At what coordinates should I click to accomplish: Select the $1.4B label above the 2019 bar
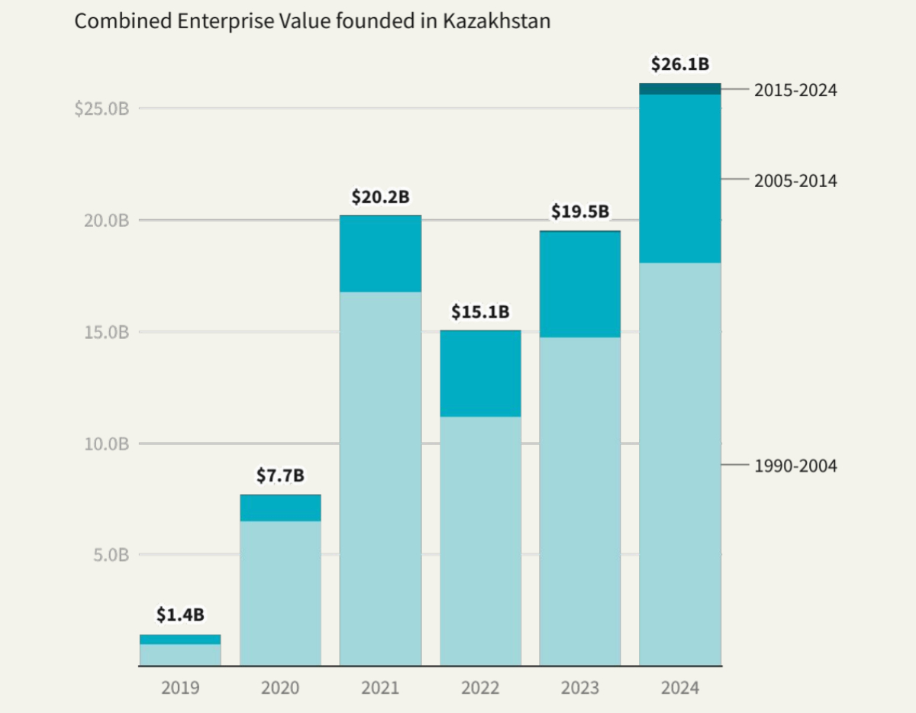(x=180, y=615)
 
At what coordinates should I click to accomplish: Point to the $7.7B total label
(x=280, y=476)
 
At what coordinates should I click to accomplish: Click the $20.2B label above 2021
(x=380, y=197)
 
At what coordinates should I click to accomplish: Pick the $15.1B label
(x=480, y=311)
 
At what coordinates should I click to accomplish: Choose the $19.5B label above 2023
(x=580, y=211)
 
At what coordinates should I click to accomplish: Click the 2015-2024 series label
(x=795, y=90)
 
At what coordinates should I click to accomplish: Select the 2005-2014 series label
(x=795, y=181)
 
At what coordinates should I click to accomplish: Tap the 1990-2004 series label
(x=795, y=466)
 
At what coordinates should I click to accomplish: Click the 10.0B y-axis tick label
(x=107, y=444)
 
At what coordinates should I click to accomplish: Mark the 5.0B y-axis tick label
(x=111, y=555)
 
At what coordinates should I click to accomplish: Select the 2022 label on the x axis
(x=480, y=688)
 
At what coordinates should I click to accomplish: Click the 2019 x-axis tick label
(x=180, y=688)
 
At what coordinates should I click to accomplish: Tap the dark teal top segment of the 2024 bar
(x=680, y=89)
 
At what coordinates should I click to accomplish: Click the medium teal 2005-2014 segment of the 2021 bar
(x=380, y=253)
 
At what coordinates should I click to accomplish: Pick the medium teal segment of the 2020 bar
(x=280, y=508)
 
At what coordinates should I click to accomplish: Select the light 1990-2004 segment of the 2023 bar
(x=580, y=501)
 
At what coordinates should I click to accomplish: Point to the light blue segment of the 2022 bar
(x=480, y=540)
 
